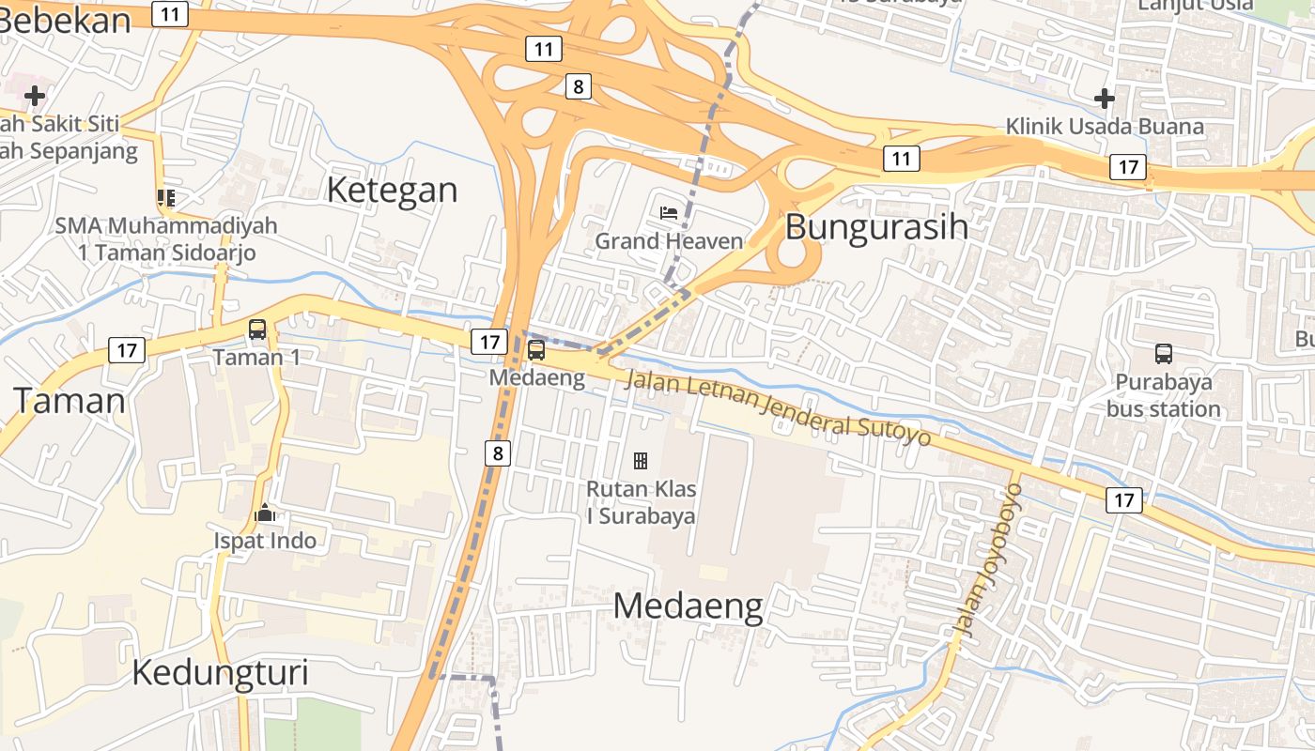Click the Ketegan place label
pos(392,190)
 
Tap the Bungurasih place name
pos(876,227)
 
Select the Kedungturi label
pos(220,672)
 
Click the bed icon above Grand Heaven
pos(669,212)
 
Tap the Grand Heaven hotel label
pos(669,241)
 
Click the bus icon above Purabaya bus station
pos(1164,354)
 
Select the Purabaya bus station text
pos(1164,395)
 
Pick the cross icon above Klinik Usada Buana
pos(1105,98)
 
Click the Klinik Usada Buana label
pos(1105,127)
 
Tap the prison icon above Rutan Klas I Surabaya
pos(641,460)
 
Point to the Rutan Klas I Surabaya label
pos(641,502)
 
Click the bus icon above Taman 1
pos(257,330)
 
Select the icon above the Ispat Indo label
pos(265,513)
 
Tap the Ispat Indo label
pos(265,541)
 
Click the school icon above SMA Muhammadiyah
pos(166,197)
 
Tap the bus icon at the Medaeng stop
pos(536,350)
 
